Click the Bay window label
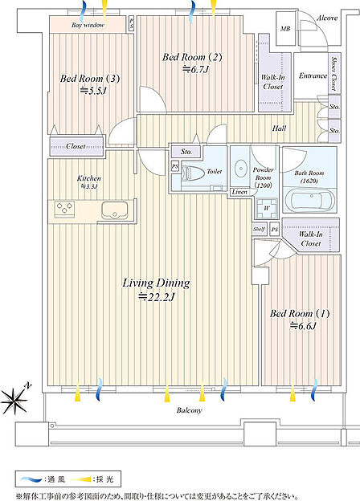tap(88, 25)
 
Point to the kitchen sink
tap(114, 210)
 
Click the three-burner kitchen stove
tap(64, 209)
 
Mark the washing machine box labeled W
tap(267, 208)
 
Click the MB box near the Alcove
tap(285, 29)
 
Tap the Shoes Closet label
tap(333, 74)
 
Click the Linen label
tap(239, 192)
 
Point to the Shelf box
tap(260, 229)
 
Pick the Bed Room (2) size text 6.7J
tap(195, 69)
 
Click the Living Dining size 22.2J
tap(156, 297)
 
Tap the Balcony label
tap(190, 410)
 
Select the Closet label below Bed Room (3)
tap(76, 146)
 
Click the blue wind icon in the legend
tap(31, 479)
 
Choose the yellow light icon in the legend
tap(80, 479)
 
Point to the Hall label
tap(279, 128)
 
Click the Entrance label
tap(313, 75)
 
